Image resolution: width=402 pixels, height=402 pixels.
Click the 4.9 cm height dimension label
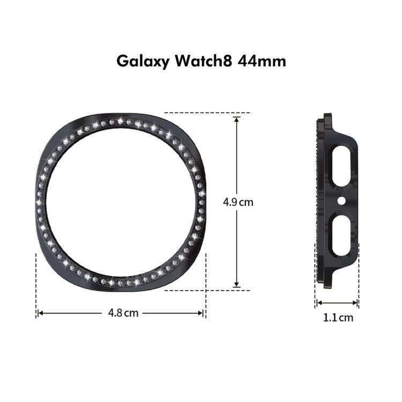(x=237, y=203)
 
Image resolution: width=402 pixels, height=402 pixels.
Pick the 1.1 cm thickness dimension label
(x=338, y=317)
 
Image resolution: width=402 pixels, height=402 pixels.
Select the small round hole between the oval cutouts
(x=341, y=202)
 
